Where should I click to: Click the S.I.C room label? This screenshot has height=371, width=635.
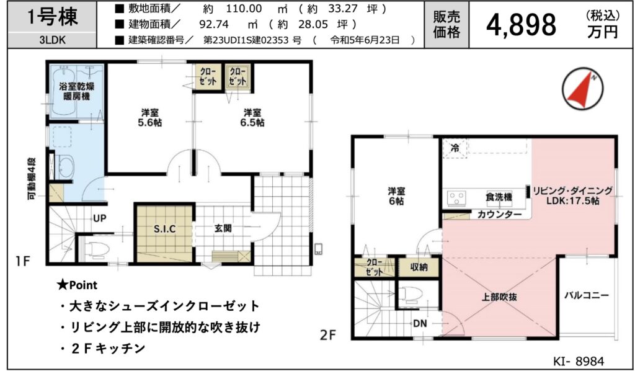click(x=164, y=229)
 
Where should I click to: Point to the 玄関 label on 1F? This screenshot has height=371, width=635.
click(x=223, y=228)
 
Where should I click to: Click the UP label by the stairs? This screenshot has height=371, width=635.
click(x=100, y=219)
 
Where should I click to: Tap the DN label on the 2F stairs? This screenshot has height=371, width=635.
click(x=420, y=323)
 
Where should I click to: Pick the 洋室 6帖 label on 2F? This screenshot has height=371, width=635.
click(x=396, y=195)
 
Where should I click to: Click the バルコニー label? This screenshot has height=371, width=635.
click(x=587, y=295)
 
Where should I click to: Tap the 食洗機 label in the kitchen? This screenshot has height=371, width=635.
click(x=499, y=197)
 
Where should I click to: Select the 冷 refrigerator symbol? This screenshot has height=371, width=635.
click(x=455, y=148)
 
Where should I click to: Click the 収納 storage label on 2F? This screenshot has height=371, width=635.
click(x=419, y=267)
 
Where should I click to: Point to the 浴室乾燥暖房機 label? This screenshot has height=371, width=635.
click(x=74, y=91)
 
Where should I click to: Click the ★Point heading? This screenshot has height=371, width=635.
click(x=77, y=285)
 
